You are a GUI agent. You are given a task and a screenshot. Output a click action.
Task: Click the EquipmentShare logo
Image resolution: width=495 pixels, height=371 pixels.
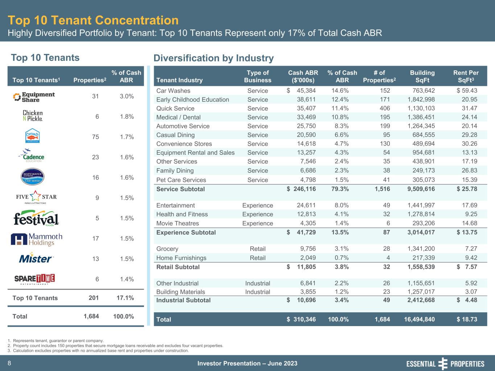point(34,97)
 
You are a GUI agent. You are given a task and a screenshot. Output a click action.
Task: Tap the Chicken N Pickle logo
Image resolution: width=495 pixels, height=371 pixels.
point(33,116)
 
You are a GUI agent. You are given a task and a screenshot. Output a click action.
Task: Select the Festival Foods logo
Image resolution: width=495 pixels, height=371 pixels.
point(36,218)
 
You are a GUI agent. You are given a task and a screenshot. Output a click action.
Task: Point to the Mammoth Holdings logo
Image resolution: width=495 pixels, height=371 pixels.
point(36,239)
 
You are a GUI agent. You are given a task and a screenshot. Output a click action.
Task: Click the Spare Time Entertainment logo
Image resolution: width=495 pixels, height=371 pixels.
point(34,279)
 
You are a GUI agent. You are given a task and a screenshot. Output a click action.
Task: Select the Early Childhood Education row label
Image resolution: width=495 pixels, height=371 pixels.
point(193,100)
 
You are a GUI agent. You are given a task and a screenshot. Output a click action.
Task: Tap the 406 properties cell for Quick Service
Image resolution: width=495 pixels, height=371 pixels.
point(385,108)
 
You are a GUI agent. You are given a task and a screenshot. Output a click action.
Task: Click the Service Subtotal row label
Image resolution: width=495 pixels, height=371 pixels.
point(181,189)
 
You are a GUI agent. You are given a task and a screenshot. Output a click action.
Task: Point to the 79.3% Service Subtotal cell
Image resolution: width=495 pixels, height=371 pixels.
point(340,189)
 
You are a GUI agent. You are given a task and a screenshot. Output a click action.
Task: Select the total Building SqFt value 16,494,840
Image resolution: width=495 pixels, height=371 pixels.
point(419,319)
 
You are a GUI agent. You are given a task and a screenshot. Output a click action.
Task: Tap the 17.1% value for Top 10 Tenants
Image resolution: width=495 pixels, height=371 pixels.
point(125,298)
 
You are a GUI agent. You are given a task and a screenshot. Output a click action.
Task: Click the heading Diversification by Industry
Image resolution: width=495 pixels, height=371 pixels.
point(214,58)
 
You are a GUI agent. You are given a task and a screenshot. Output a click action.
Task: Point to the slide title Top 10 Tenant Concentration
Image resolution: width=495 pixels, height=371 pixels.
point(93,20)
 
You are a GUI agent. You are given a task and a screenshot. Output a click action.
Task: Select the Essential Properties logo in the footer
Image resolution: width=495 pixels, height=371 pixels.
point(445,364)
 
